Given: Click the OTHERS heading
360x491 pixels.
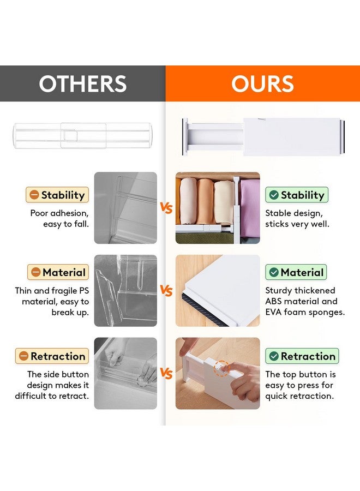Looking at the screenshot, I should click(x=82, y=84).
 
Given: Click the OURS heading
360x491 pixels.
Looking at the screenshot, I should click(x=262, y=84).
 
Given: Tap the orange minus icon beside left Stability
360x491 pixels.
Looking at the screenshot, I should click(x=34, y=195).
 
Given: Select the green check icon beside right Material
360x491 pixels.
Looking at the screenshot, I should click(x=273, y=273).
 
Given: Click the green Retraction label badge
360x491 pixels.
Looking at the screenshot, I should click(x=302, y=356).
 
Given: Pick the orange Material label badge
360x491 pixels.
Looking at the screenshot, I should click(x=57, y=272).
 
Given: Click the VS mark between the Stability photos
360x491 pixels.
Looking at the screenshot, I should click(x=166, y=208).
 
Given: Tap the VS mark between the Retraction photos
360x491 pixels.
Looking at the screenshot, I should click(x=166, y=374).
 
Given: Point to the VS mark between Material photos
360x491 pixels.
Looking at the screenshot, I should click(x=166, y=291).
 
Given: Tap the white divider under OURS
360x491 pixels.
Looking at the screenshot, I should click(x=261, y=137).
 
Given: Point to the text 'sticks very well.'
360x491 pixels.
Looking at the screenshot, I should click(x=298, y=224).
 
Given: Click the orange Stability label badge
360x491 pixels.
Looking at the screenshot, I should click(x=57, y=195).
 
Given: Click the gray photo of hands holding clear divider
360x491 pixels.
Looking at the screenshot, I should click(x=125, y=373).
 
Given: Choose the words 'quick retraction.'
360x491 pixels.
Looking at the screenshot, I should click(x=299, y=396).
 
